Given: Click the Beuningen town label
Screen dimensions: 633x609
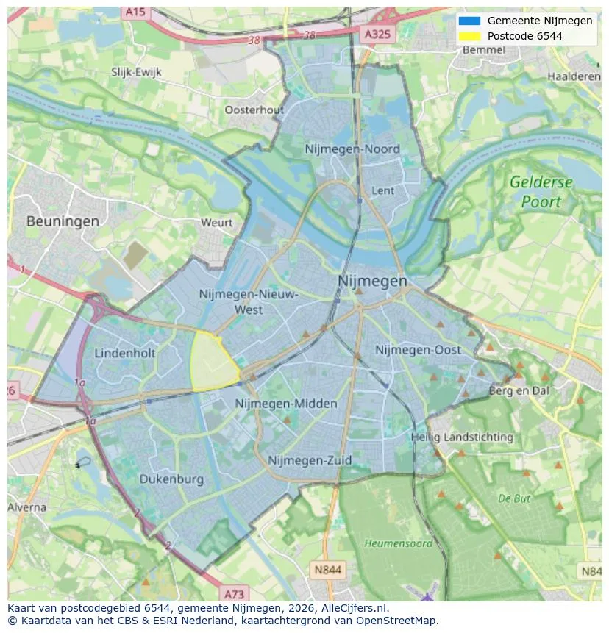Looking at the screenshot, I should (x=63, y=221).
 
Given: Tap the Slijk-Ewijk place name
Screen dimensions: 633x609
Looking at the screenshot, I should (x=136, y=72).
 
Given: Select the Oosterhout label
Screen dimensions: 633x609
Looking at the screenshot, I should (x=254, y=110).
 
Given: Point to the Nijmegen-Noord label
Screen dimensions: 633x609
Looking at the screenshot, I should (x=352, y=149).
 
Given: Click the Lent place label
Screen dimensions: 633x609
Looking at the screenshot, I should (x=382, y=190).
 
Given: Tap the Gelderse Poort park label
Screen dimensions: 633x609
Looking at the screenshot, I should (x=541, y=192).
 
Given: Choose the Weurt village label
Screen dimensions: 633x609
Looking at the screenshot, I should (x=216, y=223).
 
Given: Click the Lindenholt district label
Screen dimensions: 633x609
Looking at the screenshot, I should (x=125, y=353).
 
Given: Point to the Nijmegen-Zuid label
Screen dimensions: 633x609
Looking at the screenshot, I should (x=310, y=460).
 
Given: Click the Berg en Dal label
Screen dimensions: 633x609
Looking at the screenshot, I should (x=519, y=391).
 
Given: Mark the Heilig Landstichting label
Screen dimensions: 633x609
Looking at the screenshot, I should (x=462, y=437).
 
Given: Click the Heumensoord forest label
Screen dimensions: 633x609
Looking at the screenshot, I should (x=398, y=543).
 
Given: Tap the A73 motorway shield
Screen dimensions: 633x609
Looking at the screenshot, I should (x=234, y=593).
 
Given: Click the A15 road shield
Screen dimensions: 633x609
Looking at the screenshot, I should (x=135, y=12).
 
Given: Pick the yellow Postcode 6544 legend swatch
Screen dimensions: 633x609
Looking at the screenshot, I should (x=469, y=36).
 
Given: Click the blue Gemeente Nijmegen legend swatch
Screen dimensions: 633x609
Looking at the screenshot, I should (x=469, y=21).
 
